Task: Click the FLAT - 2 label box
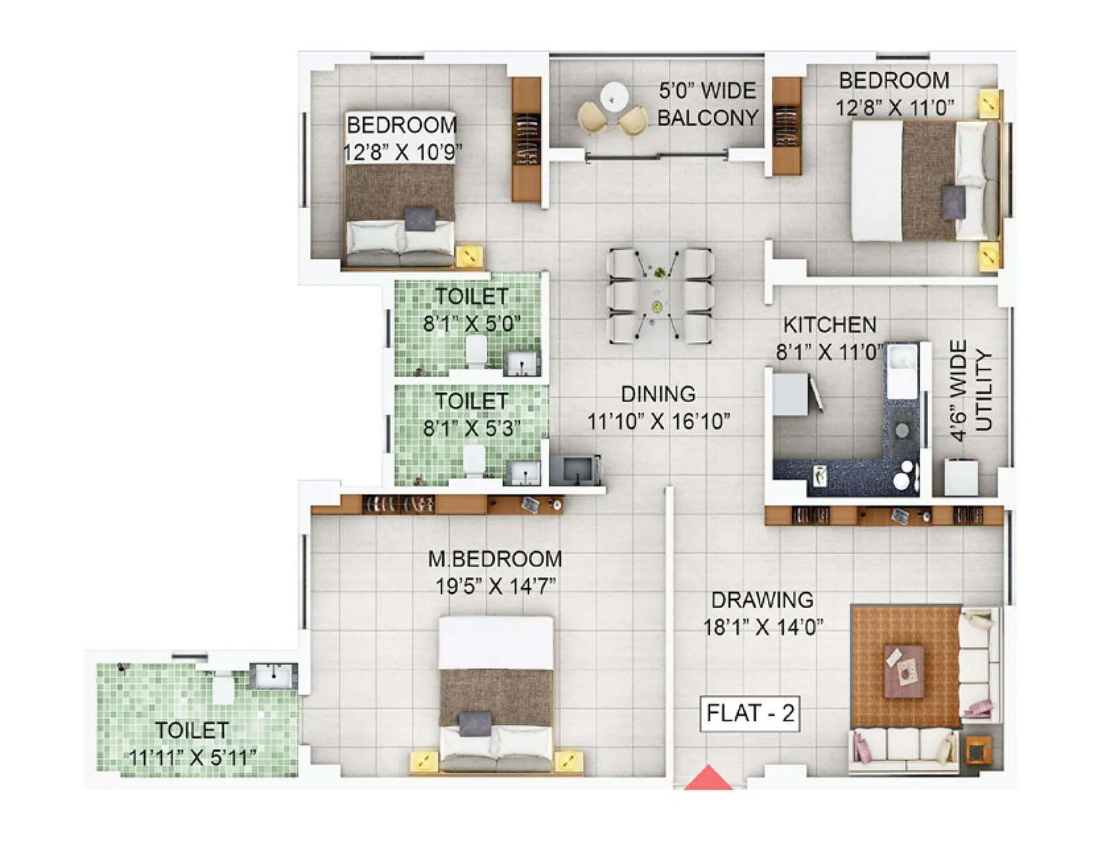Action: [750, 714]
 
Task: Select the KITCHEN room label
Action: [829, 325]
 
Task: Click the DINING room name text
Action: [658, 394]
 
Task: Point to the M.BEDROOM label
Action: [495, 559]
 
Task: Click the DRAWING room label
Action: [762, 600]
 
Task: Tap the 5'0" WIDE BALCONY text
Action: [707, 104]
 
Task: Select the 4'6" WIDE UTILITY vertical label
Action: [970, 390]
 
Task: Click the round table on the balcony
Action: [614, 96]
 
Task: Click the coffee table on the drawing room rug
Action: [904, 671]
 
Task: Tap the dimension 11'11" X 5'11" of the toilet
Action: [193, 757]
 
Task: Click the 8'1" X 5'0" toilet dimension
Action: [471, 324]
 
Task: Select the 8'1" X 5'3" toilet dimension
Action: [471, 429]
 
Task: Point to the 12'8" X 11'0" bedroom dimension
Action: [894, 108]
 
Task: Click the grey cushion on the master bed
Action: [475, 723]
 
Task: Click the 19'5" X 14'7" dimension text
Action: [495, 587]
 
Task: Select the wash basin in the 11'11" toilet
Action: [273, 675]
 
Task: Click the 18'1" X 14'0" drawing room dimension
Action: [762, 628]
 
